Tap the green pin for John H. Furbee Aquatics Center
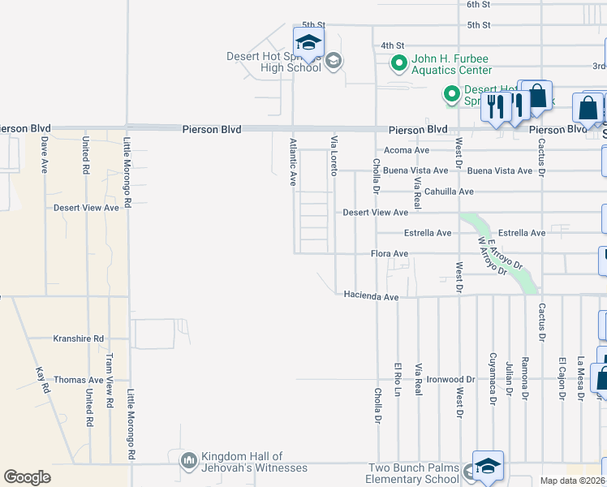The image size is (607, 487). coord(399,62)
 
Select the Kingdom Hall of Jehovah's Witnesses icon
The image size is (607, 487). coord(189,461)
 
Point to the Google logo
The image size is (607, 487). coord(28,476)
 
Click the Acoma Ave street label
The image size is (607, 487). coord(406,150)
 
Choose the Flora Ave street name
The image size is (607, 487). coord(390,254)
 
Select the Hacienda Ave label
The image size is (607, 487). coord(371,297)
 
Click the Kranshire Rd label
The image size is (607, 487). coord(79,338)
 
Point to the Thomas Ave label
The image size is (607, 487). coord(79,380)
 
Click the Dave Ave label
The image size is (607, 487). coord(45,154)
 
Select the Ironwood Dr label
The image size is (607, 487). coord(452,379)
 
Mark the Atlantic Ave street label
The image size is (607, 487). coord(293,162)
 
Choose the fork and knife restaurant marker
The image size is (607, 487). coord(494,106)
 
